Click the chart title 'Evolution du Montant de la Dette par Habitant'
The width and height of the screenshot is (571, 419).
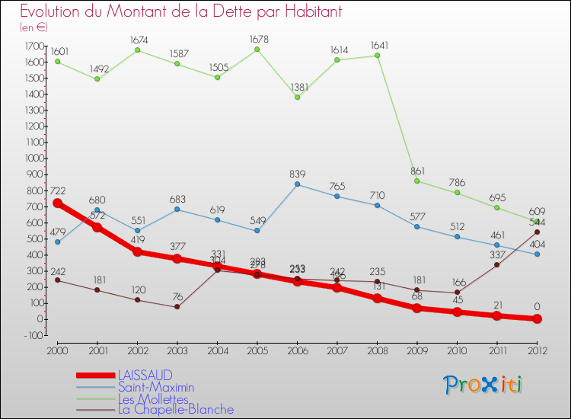[181, 11]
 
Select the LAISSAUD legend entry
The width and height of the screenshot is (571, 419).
[145, 375]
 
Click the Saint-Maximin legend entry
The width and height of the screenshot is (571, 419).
[155, 387]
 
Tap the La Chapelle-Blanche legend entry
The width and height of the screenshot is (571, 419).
[175, 410]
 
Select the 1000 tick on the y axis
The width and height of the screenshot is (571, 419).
[32, 158]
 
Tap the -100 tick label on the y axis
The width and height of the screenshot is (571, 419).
[32, 335]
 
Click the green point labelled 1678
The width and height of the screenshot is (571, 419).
[257, 50]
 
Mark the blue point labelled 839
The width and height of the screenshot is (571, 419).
[297, 184]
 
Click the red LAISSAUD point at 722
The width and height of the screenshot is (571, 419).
[57, 203]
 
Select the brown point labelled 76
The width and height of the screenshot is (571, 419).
[177, 307]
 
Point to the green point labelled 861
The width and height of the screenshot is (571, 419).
[416, 181]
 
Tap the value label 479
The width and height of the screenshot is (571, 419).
[57, 232]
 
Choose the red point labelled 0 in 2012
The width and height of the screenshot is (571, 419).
[537, 318]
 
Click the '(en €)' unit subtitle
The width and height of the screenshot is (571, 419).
[33, 27]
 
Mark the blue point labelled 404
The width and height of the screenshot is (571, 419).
[537, 254]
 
